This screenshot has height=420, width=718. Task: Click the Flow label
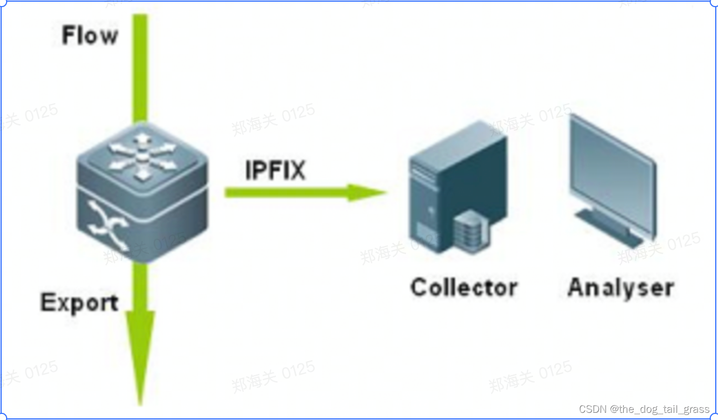click(x=90, y=35)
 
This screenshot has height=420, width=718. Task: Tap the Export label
click(x=79, y=303)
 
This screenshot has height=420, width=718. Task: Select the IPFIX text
click(x=275, y=170)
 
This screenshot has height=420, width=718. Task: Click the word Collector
click(x=464, y=288)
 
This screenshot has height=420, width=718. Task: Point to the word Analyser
click(x=620, y=288)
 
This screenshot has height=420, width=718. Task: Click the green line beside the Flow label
click(x=141, y=66)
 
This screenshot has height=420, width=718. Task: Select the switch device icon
click(x=143, y=191)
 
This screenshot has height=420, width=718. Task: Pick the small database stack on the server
click(x=469, y=231)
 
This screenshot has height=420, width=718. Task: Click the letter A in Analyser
click(x=577, y=288)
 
